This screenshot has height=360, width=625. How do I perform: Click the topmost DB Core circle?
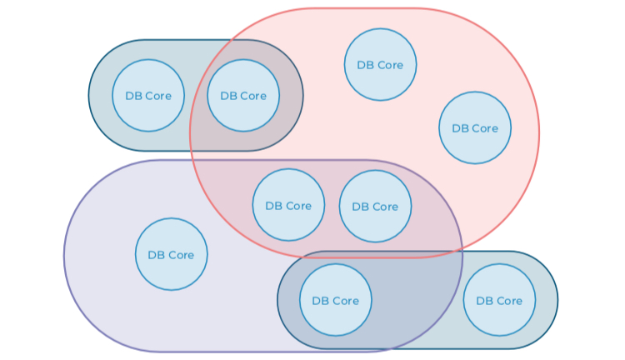380,64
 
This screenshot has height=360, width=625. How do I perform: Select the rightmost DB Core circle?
498,300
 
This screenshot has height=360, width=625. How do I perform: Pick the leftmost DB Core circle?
148,95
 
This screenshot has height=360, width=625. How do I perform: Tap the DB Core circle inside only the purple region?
171,254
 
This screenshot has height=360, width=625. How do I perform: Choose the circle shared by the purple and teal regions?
335,300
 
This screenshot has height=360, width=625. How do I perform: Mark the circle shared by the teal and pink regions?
243,95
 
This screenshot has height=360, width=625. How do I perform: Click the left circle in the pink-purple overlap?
288,205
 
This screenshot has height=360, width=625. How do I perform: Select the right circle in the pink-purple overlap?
375,206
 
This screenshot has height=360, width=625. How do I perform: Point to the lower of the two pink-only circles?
475,127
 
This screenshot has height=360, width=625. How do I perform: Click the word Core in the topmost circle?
389,65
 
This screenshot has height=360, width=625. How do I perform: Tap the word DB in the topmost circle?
364,65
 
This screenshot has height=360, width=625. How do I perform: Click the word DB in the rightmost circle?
482,301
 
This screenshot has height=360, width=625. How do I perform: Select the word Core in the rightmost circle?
507,301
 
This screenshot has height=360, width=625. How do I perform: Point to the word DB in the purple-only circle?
155,255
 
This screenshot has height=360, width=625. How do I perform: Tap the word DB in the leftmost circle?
132,96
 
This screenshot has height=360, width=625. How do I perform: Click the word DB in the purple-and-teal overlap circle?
319,301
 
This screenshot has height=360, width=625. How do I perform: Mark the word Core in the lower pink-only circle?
484,128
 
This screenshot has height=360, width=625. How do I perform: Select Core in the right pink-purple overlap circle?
384,207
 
